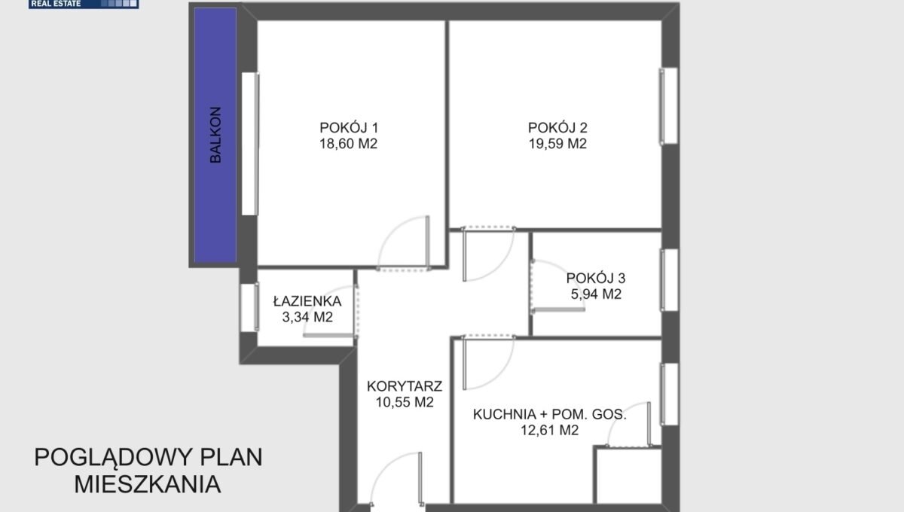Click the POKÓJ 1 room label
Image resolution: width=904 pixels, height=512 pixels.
[349, 128]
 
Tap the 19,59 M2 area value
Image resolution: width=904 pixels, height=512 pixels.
[557, 144]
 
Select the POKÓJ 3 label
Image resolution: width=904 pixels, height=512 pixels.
[596, 278]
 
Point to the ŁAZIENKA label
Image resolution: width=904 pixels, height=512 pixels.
[307, 301]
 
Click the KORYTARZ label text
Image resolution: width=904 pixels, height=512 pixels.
[405, 386]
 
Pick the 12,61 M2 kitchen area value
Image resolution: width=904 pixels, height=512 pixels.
[549, 430]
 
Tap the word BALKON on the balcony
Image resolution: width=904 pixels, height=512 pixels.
[215, 136]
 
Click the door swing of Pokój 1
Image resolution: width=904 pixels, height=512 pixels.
[404, 243]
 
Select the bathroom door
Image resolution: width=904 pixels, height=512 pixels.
[330, 312]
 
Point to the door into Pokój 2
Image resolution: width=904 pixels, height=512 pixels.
[488, 254]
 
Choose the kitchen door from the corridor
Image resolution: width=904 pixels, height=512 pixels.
[488, 362]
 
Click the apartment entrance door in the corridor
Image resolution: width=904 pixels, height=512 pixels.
[396, 480]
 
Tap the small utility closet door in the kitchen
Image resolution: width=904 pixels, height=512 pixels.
[629, 425]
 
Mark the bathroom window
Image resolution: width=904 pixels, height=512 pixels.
[250, 307]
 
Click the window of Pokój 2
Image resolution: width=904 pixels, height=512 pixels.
[669, 106]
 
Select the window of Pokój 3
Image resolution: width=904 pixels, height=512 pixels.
[669, 280]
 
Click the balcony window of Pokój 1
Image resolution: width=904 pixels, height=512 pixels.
[251, 144]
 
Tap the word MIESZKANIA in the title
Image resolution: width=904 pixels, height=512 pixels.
[148, 485]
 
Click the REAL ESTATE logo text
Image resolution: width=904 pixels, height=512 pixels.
[56, 4]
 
